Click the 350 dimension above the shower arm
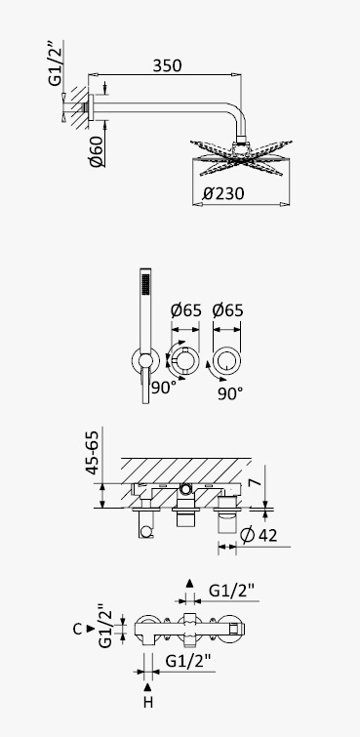[167, 65]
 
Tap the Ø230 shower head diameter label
[223, 193]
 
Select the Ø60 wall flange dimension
[97, 150]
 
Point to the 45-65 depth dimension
[92, 452]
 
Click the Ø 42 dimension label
[259, 535]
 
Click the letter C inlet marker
[78, 629]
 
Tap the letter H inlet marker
[148, 702]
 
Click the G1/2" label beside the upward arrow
[231, 590]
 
